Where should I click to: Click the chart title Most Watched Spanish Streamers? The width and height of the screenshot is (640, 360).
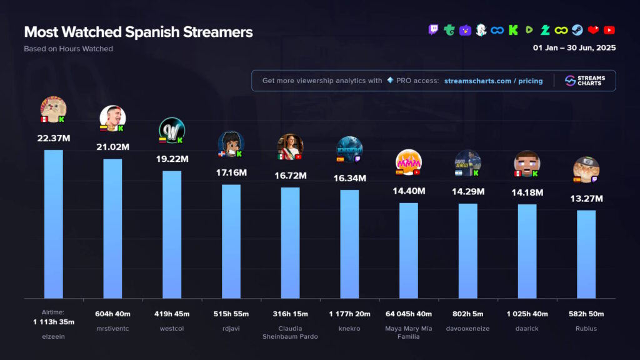[x=138, y=32]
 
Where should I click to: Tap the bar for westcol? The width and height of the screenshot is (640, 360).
[x=172, y=234]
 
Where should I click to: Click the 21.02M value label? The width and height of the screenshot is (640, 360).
[x=112, y=147]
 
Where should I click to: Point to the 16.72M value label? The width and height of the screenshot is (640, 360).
[x=290, y=176]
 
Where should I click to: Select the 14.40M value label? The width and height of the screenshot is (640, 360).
[x=409, y=191]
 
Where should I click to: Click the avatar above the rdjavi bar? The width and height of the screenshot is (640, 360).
[x=231, y=144]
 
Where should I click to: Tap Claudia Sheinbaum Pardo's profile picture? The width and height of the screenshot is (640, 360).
[x=290, y=147]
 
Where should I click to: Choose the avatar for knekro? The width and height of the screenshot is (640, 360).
[x=349, y=149]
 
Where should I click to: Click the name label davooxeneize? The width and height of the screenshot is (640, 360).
[x=467, y=329]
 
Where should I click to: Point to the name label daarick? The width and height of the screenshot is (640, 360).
[x=526, y=329]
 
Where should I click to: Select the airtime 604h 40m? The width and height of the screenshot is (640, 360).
[x=112, y=314]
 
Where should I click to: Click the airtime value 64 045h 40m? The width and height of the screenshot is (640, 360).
[x=409, y=314]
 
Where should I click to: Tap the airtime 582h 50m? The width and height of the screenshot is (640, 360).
[x=586, y=314]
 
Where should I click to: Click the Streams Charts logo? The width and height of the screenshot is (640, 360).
[x=585, y=81]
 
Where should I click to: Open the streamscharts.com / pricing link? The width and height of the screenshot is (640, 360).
[x=493, y=81]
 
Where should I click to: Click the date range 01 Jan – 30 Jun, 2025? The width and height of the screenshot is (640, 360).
[x=574, y=47]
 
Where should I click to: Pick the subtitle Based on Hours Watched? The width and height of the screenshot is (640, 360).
[x=68, y=49]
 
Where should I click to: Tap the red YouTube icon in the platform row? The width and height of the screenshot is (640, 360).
[x=609, y=30]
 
